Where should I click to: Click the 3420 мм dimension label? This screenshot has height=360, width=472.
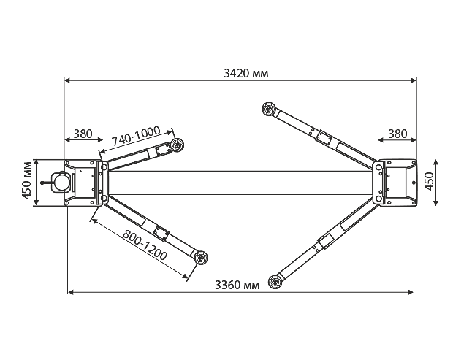(245, 73)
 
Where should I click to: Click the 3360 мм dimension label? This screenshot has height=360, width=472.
(237, 285)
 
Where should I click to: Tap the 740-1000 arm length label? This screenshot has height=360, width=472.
(136, 137)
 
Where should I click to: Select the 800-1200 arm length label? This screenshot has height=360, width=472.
(145, 245)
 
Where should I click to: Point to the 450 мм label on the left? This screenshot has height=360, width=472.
(27, 180)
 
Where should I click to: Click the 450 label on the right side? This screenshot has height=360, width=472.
(429, 181)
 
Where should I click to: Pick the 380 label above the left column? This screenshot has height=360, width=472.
(83, 134)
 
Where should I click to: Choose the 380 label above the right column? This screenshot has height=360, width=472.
(397, 134)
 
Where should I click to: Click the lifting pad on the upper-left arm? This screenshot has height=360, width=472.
(177, 145)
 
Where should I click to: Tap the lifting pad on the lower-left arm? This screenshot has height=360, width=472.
(201, 258)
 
